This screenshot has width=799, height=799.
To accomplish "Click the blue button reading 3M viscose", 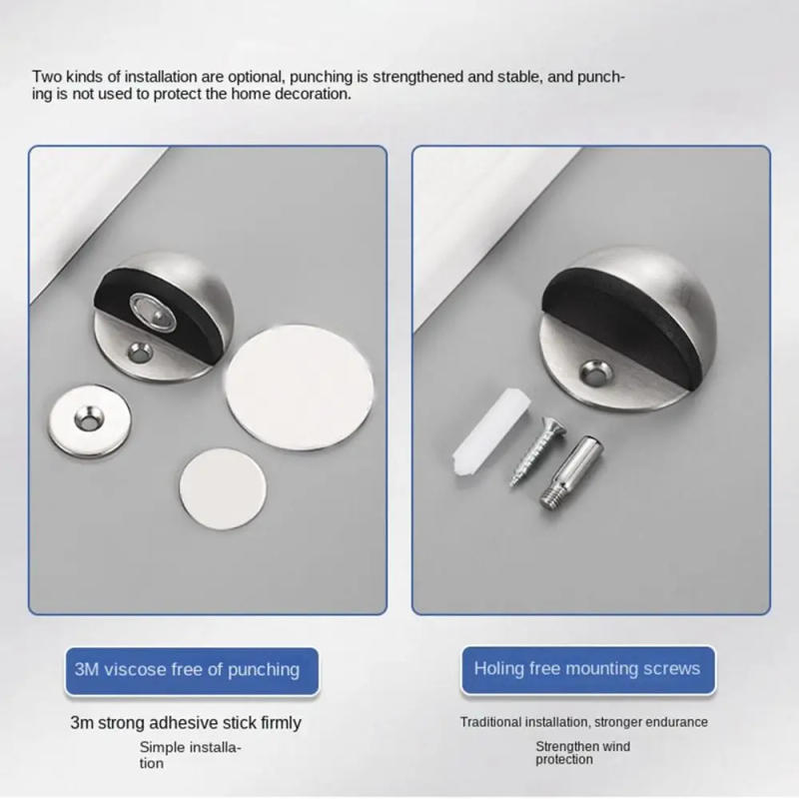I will coord(187,669).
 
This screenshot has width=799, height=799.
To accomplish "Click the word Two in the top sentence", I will coord(48,76).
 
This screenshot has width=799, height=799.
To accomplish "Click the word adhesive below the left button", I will coord(184,722).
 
